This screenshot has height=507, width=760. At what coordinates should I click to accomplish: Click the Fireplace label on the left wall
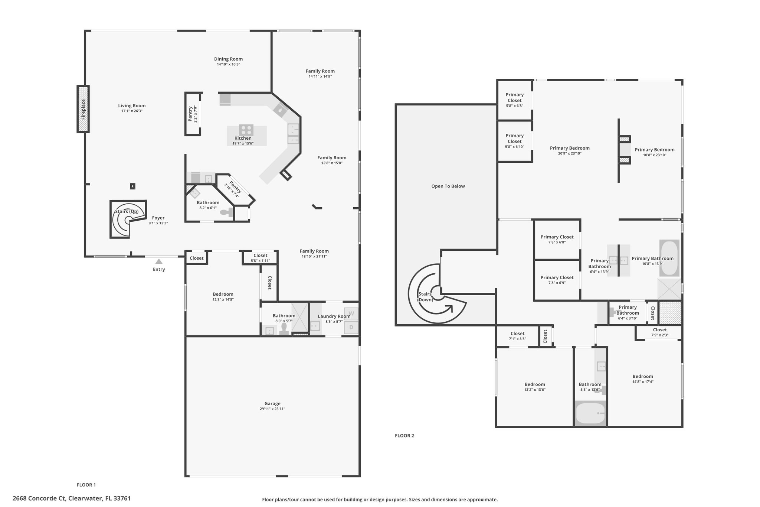(83, 109)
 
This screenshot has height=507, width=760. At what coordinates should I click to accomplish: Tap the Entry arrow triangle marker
(159, 261)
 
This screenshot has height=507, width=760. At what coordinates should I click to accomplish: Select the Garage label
(272, 403)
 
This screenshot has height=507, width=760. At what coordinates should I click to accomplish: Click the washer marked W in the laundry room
(351, 313)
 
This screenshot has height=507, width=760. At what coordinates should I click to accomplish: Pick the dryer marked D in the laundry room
(351, 327)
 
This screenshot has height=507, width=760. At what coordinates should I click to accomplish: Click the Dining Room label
(228, 59)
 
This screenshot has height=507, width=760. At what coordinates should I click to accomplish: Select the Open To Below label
(448, 186)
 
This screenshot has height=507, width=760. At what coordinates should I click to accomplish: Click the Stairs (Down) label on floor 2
(425, 297)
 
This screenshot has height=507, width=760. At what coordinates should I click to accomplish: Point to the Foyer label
(158, 218)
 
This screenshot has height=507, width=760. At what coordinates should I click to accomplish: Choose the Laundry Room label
(334, 316)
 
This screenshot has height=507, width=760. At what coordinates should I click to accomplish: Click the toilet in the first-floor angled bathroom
(226, 212)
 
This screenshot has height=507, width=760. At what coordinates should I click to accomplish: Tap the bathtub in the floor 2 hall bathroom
(590, 413)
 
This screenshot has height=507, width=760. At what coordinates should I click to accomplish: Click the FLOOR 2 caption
(404, 436)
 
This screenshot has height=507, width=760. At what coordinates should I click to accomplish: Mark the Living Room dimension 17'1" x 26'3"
(132, 111)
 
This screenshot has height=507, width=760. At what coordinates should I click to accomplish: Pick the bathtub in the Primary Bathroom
(669, 258)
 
